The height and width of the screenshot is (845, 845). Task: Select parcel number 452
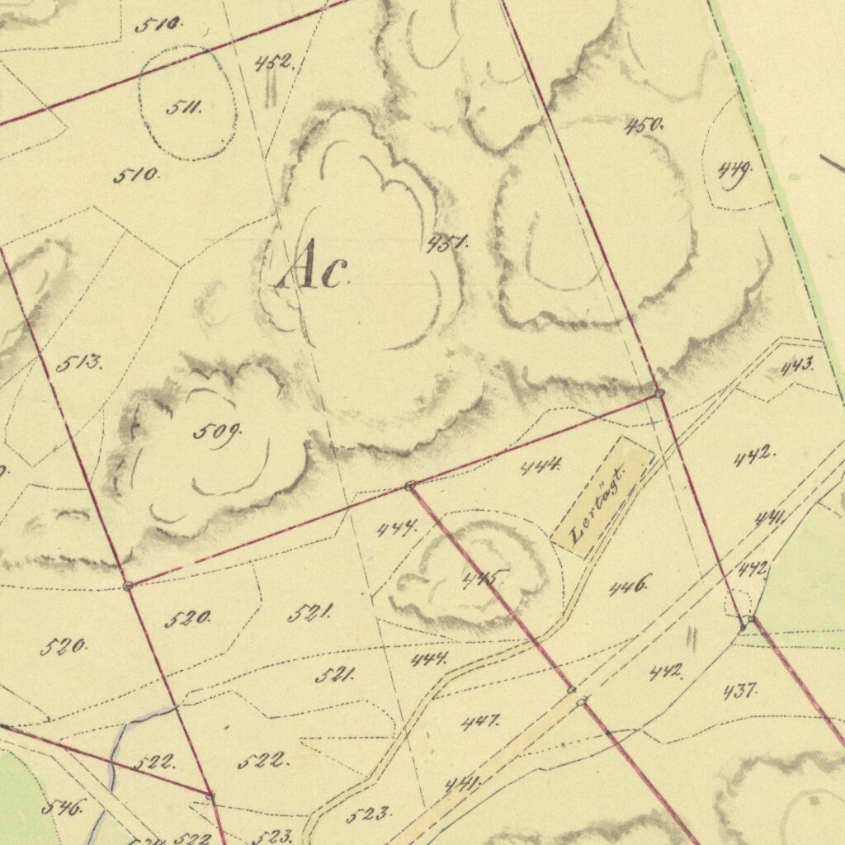pyautogui.click(x=273, y=62)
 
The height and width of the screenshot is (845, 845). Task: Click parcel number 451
pyautogui.click(x=448, y=243)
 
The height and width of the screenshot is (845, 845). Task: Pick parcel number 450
pyautogui.click(x=644, y=125)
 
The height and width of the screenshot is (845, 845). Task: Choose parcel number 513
pyautogui.click(x=80, y=361)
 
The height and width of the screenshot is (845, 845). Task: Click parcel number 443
pyautogui.click(x=797, y=365)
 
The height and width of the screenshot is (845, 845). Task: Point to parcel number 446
pyautogui.click(x=630, y=586)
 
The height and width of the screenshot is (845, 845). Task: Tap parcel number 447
pyautogui.click(x=480, y=722)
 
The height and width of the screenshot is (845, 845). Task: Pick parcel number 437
pyautogui.click(x=740, y=691)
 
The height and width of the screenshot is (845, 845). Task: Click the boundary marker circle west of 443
pyautogui.click(x=659, y=394)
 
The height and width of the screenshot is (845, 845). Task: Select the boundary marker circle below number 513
pyautogui.click(x=128, y=585)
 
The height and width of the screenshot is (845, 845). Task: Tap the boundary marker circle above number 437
pyautogui.click(x=751, y=619)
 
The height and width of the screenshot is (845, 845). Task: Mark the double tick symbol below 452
pyautogui.click(x=269, y=93)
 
